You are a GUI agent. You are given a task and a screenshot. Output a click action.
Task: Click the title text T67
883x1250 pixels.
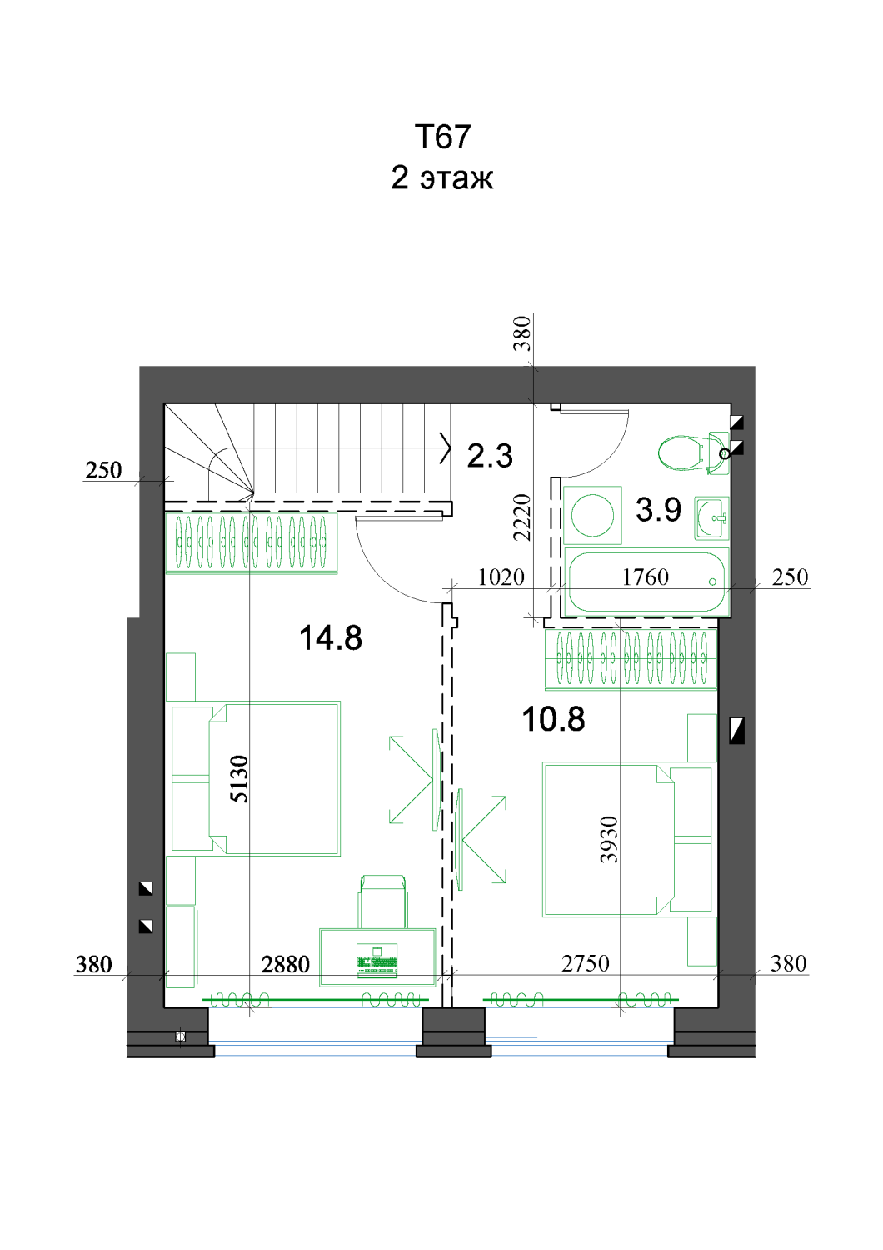coord(442,136)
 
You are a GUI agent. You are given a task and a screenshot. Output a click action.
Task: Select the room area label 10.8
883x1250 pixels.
coord(553,719)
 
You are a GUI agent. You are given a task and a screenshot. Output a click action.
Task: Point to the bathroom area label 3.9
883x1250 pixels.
coord(658,509)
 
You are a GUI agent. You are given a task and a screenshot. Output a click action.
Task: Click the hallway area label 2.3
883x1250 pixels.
coord(489,455)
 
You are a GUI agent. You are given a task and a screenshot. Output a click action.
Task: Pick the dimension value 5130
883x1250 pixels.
coord(239,779)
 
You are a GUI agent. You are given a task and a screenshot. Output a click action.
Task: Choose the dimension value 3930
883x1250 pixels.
coord(609,840)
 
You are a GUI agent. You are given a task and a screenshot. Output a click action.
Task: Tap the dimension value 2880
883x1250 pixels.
coord(285,964)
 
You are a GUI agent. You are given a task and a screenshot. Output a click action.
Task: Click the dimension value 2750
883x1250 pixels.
coord(585,963)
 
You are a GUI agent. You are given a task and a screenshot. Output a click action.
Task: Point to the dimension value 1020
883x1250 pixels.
coord(501,577)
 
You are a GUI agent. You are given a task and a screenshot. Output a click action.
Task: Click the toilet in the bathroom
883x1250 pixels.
coord(693,452)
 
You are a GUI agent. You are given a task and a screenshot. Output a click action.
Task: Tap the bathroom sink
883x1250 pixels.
coord(711,518)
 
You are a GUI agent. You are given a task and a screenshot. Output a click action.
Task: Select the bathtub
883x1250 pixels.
coord(646,582)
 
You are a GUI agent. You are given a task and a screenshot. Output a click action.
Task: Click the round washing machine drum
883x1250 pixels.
coord(592,515)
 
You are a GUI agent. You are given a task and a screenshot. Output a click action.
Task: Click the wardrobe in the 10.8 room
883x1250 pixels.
coord(631,659)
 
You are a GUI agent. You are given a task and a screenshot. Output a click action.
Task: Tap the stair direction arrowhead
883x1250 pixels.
coord(445,447)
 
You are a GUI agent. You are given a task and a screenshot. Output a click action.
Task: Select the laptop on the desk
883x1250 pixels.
coord(377,961)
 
